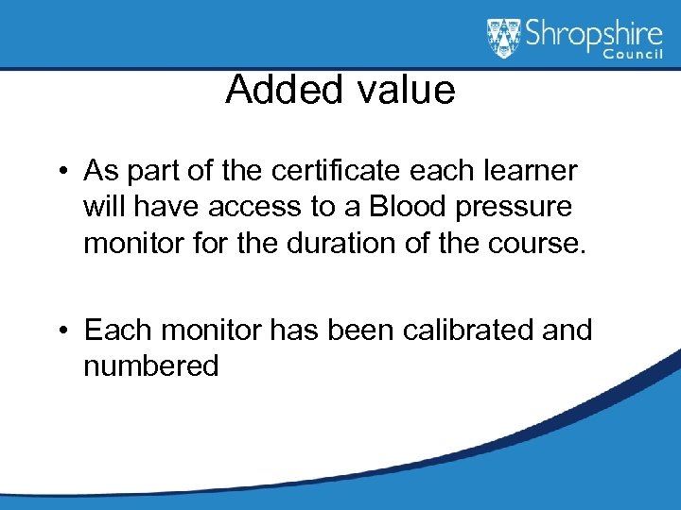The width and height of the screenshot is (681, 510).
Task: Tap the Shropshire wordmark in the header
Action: tap(587, 37)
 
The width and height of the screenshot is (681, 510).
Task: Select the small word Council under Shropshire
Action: tap(635, 56)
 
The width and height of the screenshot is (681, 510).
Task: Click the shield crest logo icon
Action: tap(504, 39)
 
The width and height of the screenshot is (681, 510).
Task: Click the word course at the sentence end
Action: tap(536, 244)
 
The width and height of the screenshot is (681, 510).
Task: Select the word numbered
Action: tap(151, 365)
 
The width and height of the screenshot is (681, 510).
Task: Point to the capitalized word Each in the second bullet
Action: tap(118, 331)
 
